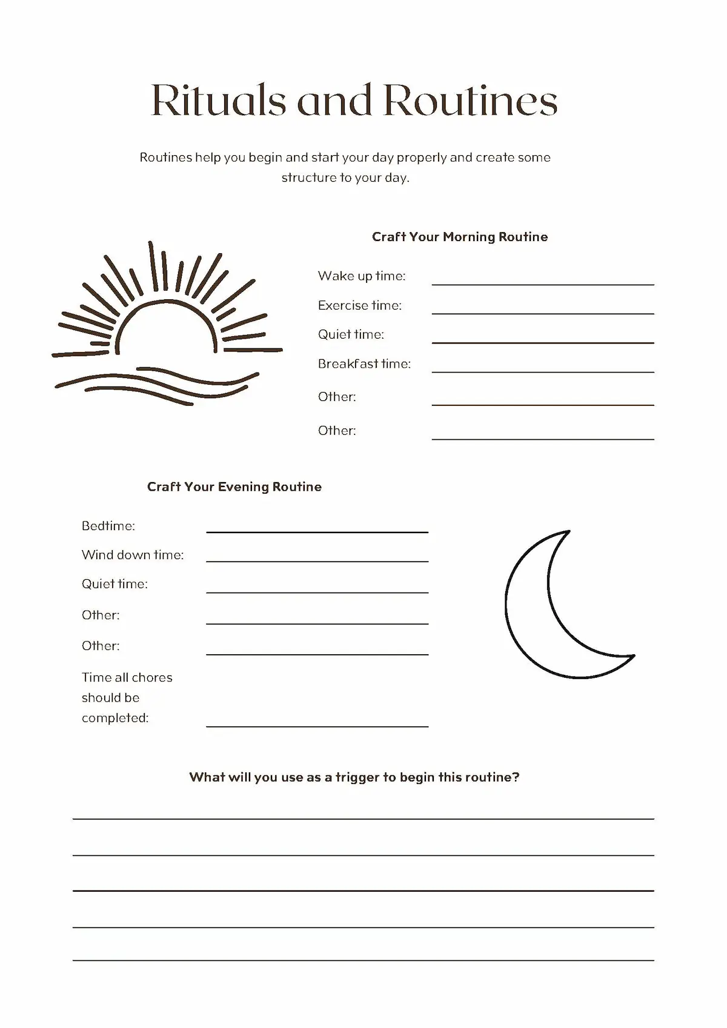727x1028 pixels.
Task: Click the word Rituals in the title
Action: point(218,100)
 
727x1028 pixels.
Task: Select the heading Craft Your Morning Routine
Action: point(460,237)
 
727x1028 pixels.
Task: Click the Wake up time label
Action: point(362,276)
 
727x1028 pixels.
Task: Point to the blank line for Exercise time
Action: point(543,313)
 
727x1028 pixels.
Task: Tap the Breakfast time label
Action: point(364,364)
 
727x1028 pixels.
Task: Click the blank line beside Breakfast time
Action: point(543,371)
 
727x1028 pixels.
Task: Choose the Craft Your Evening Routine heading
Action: point(234,487)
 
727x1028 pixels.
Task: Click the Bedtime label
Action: point(108,526)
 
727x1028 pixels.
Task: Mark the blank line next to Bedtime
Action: point(317,531)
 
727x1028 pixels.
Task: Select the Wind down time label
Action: point(133,555)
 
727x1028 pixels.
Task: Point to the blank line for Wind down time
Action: point(317,561)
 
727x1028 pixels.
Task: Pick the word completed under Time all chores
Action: point(115,718)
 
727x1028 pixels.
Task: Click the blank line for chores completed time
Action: point(317,726)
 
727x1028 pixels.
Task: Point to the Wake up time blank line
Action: point(543,284)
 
